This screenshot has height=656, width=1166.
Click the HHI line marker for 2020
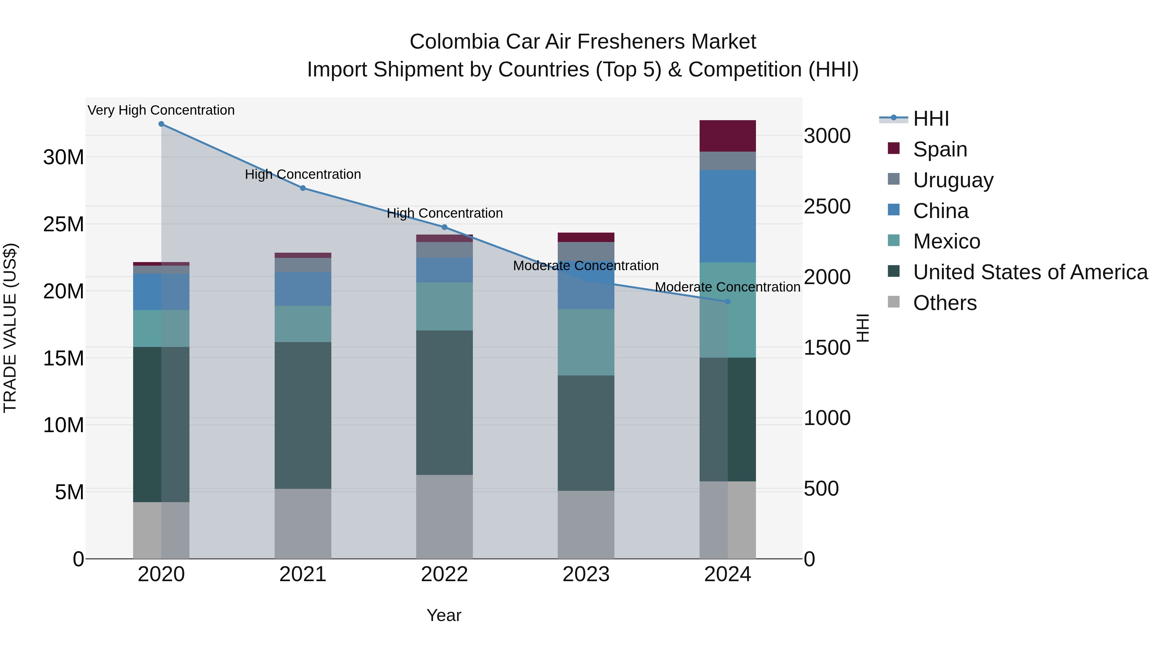tap(161, 124)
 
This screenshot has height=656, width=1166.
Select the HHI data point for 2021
tap(303, 188)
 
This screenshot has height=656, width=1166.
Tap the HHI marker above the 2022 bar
tap(444, 227)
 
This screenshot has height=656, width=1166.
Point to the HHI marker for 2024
tap(727, 302)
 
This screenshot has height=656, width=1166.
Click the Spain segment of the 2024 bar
tap(727, 136)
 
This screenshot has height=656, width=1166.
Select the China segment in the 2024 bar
tap(727, 216)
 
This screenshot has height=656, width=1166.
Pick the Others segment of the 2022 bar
tap(444, 517)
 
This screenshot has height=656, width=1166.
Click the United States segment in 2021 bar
tap(303, 415)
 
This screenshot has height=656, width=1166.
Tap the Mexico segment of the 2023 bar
tap(586, 342)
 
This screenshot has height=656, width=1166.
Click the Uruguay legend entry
tap(953, 180)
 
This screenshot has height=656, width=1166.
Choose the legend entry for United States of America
tap(1030, 272)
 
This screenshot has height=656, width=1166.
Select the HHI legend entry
tap(931, 119)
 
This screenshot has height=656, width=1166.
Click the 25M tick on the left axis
tap(63, 224)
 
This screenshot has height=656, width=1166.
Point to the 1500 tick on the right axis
tap(827, 348)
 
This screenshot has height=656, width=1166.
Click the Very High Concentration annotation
tap(161, 110)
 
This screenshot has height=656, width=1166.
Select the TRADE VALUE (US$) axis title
tap(10, 328)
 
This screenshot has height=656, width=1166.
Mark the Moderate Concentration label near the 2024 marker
tap(727, 287)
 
